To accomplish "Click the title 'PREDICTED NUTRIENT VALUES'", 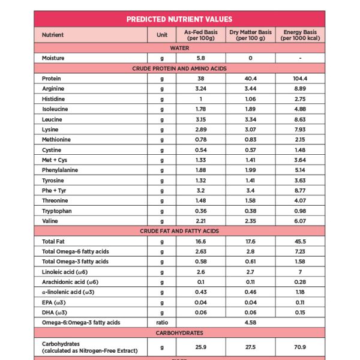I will [x=179, y=19].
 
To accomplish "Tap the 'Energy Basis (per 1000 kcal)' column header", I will [x=300, y=35].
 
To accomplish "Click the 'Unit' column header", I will [x=162, y=35].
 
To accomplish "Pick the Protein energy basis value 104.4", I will [x=300, y=79].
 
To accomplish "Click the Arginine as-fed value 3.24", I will [x=201, y=89].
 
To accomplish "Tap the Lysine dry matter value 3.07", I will [x=250, y=130].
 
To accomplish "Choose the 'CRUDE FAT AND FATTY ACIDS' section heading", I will [x=179, y=231].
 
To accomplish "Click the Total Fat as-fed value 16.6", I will [x=201, y=241].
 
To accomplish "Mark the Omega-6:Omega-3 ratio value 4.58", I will [x=250, y=322].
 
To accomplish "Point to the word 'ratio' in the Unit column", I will [x=162, y=322].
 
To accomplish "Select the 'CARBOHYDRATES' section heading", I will [x=179, y=332].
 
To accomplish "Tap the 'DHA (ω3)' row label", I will [x=55, y=312].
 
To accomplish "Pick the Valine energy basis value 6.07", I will [x=300, y=221].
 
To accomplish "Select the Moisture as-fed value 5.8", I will [x=201, y=58].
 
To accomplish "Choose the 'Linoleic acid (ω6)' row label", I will [x=65, y=272].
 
